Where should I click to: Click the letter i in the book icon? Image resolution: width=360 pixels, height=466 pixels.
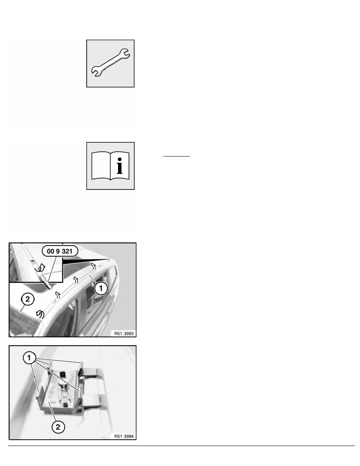tap(119, 166)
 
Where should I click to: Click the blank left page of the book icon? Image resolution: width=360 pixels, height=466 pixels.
tap(101, 166)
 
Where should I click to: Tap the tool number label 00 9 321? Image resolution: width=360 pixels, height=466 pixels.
tap(60, 251)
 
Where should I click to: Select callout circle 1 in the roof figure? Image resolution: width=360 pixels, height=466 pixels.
tap(101, 288)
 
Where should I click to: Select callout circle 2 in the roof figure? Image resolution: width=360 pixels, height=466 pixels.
tap(27, 299)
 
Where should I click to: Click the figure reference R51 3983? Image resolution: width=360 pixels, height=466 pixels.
tap(124, 333)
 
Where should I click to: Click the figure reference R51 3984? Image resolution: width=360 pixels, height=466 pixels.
tap(124, 436)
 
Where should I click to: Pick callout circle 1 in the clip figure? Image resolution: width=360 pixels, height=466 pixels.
tap(29, 358)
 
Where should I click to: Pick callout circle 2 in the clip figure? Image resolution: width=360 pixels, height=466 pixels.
tap(58, 427)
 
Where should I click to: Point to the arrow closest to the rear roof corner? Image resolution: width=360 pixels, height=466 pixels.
tap(93, 266)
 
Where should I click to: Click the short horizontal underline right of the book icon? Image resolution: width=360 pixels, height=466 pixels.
tap(176, 156)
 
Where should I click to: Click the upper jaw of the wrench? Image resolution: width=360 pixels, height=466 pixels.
tap(125, 53)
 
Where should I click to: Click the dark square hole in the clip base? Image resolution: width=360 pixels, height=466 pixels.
tap(62, 374)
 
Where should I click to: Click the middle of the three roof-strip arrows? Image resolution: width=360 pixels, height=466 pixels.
tap(75, 280)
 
